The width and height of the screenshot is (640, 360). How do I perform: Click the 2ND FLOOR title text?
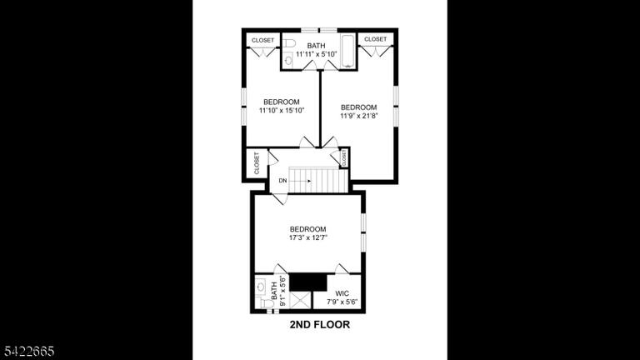tap(320, 324)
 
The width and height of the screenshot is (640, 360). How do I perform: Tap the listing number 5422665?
tap(29, 351)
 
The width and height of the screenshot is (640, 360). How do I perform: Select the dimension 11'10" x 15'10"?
tap(282, 110)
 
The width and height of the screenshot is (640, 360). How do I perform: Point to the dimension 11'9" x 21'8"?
tap(359, 116)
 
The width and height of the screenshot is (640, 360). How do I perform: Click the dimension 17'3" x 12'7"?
tap(307, 237)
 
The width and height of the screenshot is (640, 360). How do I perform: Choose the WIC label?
tap(342, 293)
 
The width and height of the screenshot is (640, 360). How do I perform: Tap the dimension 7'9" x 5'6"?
tap(342, 302)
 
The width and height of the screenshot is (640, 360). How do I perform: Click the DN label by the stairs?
tap(282, 180)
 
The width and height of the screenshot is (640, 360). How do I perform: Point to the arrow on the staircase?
tap(301, 180)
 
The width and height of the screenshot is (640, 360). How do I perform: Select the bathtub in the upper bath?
tap(347, 51)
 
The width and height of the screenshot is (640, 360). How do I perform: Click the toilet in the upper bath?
tap(289, 42)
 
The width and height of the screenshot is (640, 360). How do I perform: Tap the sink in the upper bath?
tap(288, 61)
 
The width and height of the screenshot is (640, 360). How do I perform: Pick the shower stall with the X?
tap(300, 300)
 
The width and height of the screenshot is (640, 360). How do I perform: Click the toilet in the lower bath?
tap(265, 303)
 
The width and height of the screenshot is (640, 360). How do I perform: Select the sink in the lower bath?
tap(261, 287)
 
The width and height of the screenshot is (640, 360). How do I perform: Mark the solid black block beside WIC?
tap(308, 282)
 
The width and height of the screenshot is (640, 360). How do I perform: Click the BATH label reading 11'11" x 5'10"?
tap(317, 50)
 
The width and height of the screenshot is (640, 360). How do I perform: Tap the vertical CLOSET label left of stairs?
tap(257, 162)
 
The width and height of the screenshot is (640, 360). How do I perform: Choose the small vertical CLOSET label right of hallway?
tap(344, 157)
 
